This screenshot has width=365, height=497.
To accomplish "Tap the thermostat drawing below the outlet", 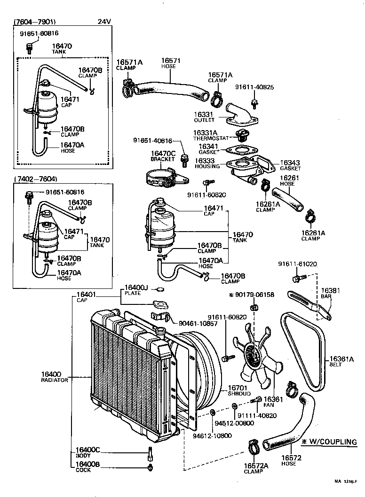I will click(x=243, y=136).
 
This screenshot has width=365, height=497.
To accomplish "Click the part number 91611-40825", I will click(x=254, y=87).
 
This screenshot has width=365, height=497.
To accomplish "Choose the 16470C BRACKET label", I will click(x=163, y=156).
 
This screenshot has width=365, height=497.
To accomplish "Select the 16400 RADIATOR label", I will click(x=55, y=376).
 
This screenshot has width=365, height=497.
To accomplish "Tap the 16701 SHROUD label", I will click(x=239, y=390).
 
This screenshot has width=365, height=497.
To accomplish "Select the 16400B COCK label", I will click(x=87, y=466).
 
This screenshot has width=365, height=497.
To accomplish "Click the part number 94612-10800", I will click(x=212, y=436).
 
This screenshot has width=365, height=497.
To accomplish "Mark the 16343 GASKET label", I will click(x=290, y=165).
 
